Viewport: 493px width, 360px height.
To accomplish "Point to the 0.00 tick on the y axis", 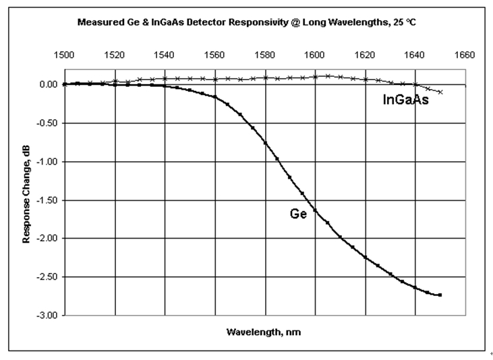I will tap(47, 85).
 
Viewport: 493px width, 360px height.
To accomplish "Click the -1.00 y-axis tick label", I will tap(46, 162).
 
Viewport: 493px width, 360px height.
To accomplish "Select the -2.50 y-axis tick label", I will tap(46, 277).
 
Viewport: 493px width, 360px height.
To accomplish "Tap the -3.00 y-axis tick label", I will tap(46, 316).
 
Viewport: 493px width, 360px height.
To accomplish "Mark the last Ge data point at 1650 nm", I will tap(440, 295).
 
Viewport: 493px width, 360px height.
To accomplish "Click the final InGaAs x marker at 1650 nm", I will tap(440, 92).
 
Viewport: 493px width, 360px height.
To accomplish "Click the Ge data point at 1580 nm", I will tap(265, 143).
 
